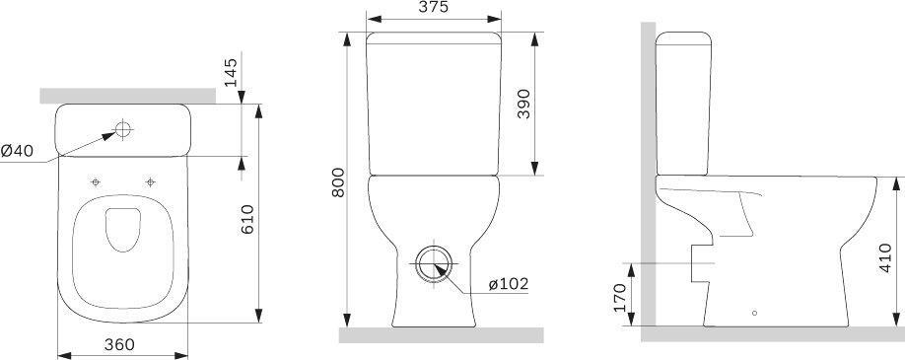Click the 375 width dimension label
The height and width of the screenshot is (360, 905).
pos(434,7)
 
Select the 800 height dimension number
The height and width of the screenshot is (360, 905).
pos(338,182)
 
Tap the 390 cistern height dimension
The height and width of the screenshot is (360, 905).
pos(522,104)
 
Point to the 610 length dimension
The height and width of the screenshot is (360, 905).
pos(247,219)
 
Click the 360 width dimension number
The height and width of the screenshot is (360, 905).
pos(119,344)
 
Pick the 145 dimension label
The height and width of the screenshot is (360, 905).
pos(231,72)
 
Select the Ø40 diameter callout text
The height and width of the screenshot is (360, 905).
pos(17,151)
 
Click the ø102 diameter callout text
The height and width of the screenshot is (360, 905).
pos(509,284)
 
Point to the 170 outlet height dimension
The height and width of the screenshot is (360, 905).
pos(620,297)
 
